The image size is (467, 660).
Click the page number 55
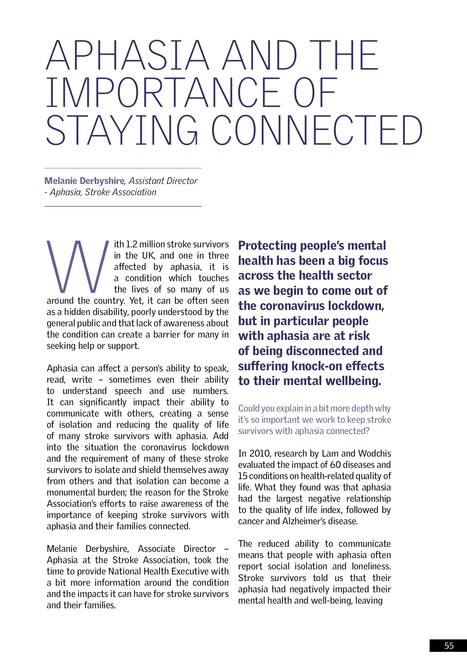[x=449, y=646]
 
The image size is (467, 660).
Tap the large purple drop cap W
[x=77, y=267]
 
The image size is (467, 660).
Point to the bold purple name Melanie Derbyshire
[x=84, y=181]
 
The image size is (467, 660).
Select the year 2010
[x=260, y=453]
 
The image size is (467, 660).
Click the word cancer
[x=251, y=521]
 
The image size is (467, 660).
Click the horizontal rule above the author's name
[x=123, y=168]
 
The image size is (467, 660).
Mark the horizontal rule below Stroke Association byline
[x=123, y=206]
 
